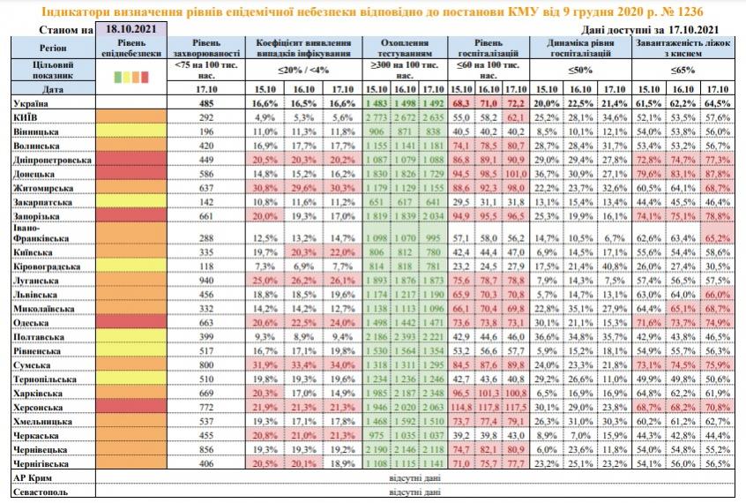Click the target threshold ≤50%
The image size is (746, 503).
pyautogui.click(x=579, y=70)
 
